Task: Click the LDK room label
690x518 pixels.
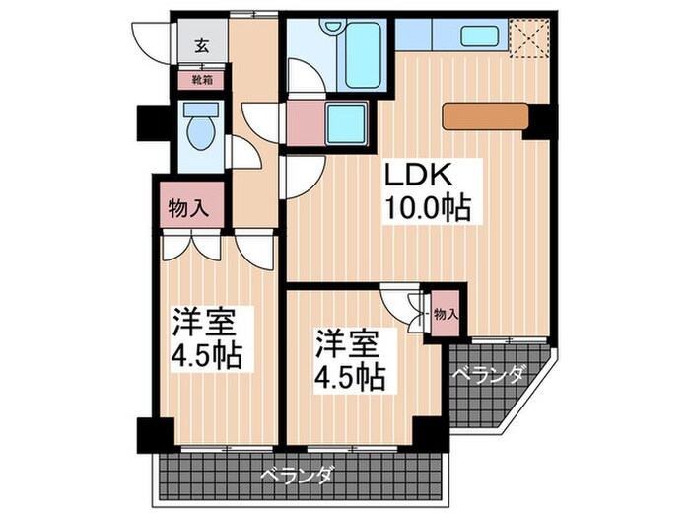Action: point(417,177)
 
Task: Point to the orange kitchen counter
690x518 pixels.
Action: point(485,117)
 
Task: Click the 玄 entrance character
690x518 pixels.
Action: point(201,45)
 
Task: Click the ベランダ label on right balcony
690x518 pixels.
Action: point(488,374)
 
